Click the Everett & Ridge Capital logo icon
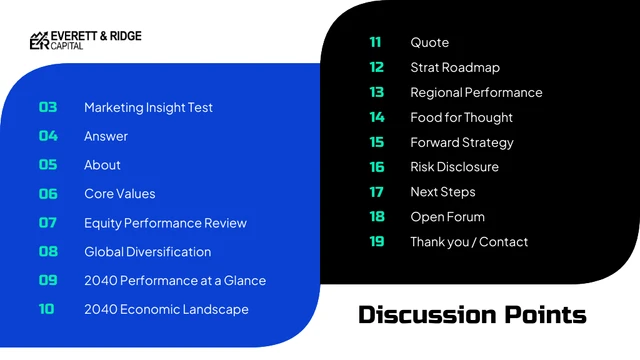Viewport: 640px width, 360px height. pos(40,40)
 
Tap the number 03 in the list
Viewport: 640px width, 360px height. pos(48,107)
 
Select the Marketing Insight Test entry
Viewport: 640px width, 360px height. pos(148,107)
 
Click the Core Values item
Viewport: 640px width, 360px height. pos(120,194)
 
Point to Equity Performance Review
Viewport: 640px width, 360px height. pos(165,223)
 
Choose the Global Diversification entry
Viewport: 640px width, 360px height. pos(147,252)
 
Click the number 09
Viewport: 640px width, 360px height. pos(48,281)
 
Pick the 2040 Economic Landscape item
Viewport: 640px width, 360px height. pos(166,310)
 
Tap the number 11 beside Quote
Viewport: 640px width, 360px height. pos(376,42)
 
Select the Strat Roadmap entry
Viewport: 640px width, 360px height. pos(455,67)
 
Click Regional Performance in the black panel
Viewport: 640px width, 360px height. pos(476,92)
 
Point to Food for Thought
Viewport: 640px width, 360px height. pos(461,117)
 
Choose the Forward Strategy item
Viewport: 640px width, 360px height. pos(462,142)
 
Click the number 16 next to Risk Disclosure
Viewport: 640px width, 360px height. pos(376,167)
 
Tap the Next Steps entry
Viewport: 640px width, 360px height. pos(443,192)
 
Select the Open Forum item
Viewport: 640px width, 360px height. pos(447,217)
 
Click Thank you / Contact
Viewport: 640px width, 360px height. pos(469,242)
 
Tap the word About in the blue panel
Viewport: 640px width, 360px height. pos(102,165)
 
